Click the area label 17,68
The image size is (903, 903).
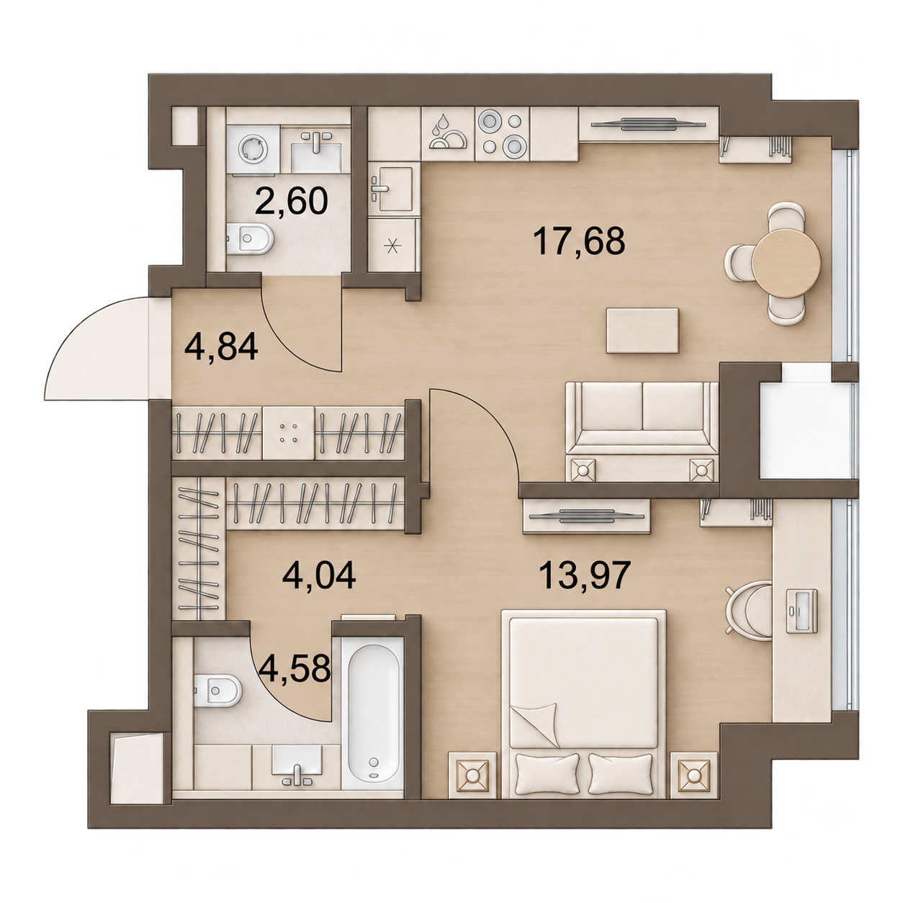click(580, 241)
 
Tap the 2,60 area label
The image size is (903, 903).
click(291, 200)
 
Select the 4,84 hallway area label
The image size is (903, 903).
click(221, 347)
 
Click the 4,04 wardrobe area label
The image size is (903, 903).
click(319, 575)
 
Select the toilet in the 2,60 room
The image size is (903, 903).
click(249, 238)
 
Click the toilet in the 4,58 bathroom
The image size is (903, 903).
click(217, 689)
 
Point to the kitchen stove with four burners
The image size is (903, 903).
click(503, 134)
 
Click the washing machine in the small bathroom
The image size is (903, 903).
click(253, 149)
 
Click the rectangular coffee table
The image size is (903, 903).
click(642, 331)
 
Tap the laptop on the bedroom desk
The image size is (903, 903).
click(801, 611)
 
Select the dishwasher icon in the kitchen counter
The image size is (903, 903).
click(448, 134)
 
